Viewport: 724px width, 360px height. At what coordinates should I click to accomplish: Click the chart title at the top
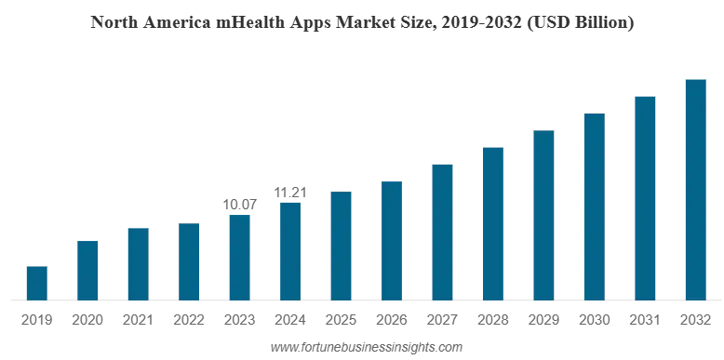coord(363,21)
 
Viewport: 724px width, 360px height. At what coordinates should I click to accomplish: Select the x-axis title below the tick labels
coord(367,349)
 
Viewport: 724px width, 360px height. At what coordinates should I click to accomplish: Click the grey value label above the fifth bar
coord(240,200)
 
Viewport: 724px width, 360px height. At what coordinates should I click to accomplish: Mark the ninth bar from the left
coord(442,233)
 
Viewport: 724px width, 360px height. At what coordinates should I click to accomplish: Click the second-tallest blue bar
coord(647,196)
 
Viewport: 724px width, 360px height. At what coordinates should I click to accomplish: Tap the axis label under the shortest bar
coord(33,319)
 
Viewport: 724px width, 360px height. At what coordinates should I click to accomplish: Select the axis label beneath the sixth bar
coord(285,319)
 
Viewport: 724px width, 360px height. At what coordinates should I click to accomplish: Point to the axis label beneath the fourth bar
coord(189,319)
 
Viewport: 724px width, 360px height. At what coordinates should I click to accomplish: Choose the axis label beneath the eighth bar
coord(390,319)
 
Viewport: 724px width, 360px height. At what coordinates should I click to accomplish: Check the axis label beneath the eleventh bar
coord(543,319)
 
